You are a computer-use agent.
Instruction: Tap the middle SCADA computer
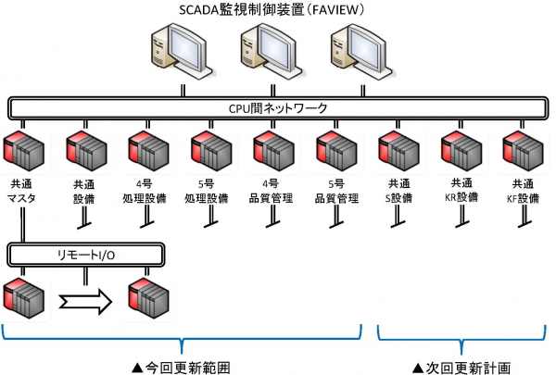coord(269,55)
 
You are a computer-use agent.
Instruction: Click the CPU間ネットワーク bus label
coord(277,108)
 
